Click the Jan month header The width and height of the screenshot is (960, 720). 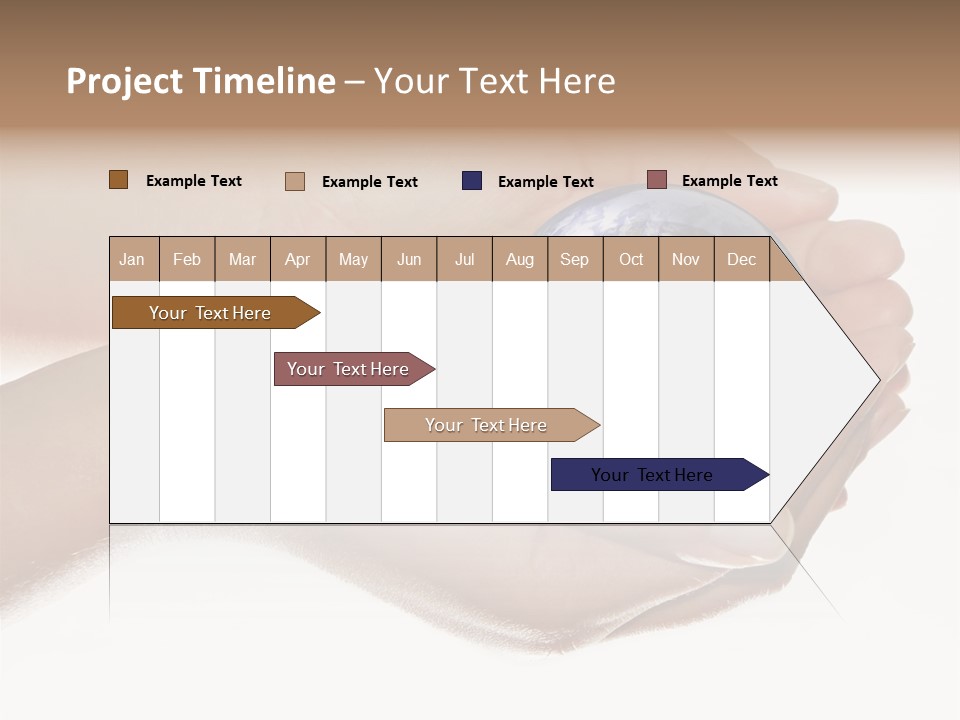point(132,260)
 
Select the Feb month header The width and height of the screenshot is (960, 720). point(187,260)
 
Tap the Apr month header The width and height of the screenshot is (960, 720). point(297,260)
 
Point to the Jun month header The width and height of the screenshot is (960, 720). point(409,260)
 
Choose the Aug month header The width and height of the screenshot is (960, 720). point(519,260)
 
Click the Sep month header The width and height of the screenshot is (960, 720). point(574,260)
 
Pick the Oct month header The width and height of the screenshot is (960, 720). point(631,260)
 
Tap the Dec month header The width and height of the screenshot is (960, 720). point(741,260)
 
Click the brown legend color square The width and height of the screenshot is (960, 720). point(119,180)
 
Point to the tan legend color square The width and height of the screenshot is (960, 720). point(295,181)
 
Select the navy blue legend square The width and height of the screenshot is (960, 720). point(472,181)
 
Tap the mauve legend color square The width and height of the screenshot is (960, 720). point(657,180)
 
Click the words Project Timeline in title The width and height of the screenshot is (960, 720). point(201,81)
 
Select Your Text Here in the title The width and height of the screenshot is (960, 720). point(494,81)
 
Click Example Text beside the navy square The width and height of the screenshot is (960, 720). point(545,182)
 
